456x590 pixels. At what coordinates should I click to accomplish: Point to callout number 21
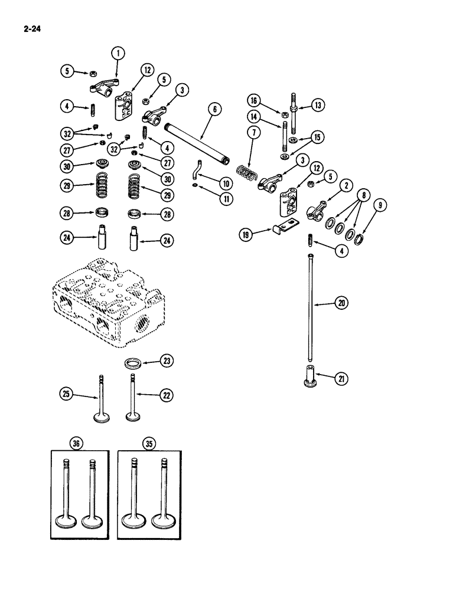[341, 379]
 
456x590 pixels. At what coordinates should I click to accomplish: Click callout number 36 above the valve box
[74, 444]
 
